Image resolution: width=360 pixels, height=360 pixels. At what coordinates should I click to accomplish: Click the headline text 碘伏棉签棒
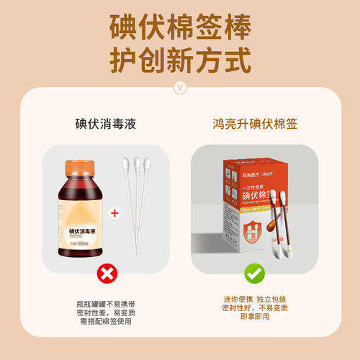pos(180,27)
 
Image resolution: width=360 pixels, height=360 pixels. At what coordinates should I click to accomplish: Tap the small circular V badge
pos(180,88)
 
